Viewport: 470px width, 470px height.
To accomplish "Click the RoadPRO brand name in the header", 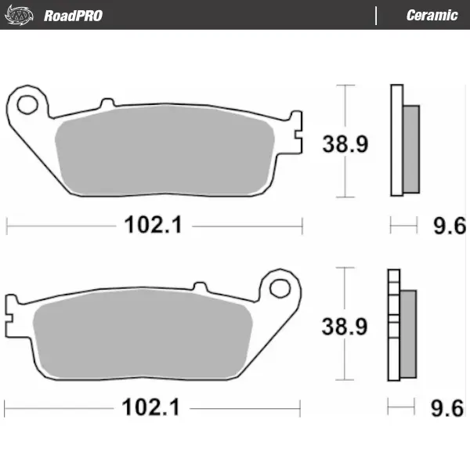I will point(73,15).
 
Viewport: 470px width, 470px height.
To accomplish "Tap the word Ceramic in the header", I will point(432,15).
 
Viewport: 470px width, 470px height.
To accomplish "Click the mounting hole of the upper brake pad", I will point(29,103).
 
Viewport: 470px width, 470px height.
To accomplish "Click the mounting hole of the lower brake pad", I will point(279,287).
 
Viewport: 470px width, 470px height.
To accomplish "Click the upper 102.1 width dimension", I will point(153,226).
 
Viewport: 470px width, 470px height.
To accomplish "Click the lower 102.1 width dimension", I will point(151,408).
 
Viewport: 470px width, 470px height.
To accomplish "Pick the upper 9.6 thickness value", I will point(450,226).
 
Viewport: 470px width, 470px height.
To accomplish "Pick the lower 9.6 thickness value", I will point(449,408).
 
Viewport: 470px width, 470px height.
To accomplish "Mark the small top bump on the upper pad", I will point(107,102).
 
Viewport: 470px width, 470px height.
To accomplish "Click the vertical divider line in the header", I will point(377,15).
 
